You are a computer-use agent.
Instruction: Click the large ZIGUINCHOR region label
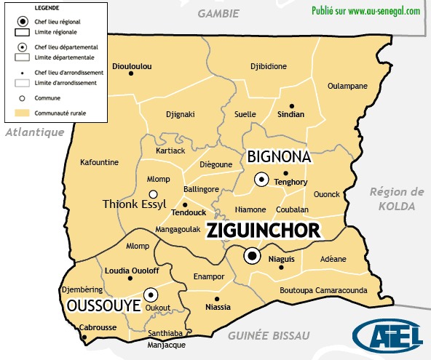click(x=264, y=231)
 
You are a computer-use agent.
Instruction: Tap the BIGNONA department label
click(x=279, y=156)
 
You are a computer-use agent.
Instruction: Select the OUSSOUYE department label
click(x=103, y=306)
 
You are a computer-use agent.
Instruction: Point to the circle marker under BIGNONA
click(x=261, y=179)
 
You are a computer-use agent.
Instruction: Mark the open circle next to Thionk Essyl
click(x=153, y=194)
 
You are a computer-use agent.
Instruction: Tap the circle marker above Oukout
click(x=151, y=295)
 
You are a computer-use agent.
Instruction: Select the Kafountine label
click(x=99, y=162)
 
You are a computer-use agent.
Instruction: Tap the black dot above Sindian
click(x=292, y=105)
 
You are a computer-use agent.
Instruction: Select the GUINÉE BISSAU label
click(x=269, y=335)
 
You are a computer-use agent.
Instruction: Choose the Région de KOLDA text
click(x=396, y=199)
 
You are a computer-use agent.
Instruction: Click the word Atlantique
click(x=34, y=132)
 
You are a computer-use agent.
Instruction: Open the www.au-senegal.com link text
click(x=384, y=11)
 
